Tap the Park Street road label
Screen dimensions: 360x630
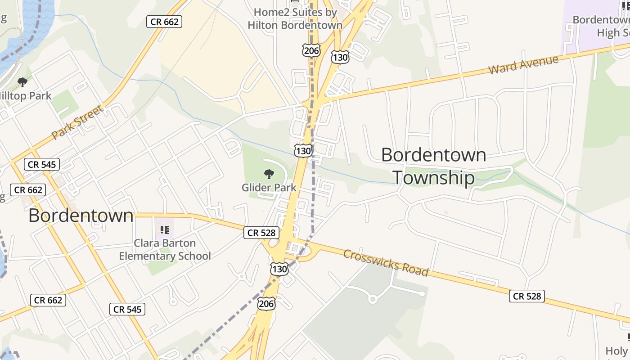[77, 122]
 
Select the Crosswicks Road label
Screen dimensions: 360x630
[386, 262]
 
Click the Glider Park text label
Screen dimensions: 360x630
[269, 187]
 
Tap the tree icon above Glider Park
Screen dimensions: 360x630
[269, 174]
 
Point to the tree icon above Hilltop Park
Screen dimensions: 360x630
[22, 82]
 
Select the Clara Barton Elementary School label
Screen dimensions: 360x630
[165, 250]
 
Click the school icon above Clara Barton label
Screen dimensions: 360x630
[165, 230]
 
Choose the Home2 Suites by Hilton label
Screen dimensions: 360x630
[295, 18]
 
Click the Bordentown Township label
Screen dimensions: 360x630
[433, 166]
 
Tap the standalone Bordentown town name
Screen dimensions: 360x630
[81, 216]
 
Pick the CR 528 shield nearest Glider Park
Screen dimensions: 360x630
[262, 233]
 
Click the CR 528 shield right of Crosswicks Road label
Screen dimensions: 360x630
[527, 296]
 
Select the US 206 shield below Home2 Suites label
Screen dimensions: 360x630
[311, 50]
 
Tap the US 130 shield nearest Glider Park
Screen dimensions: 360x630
[303, 151]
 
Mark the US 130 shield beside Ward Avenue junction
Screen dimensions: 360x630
[340, 57]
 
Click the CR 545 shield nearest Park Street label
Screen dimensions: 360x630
[42, 164]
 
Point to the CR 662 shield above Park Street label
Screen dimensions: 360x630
[164, 21]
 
